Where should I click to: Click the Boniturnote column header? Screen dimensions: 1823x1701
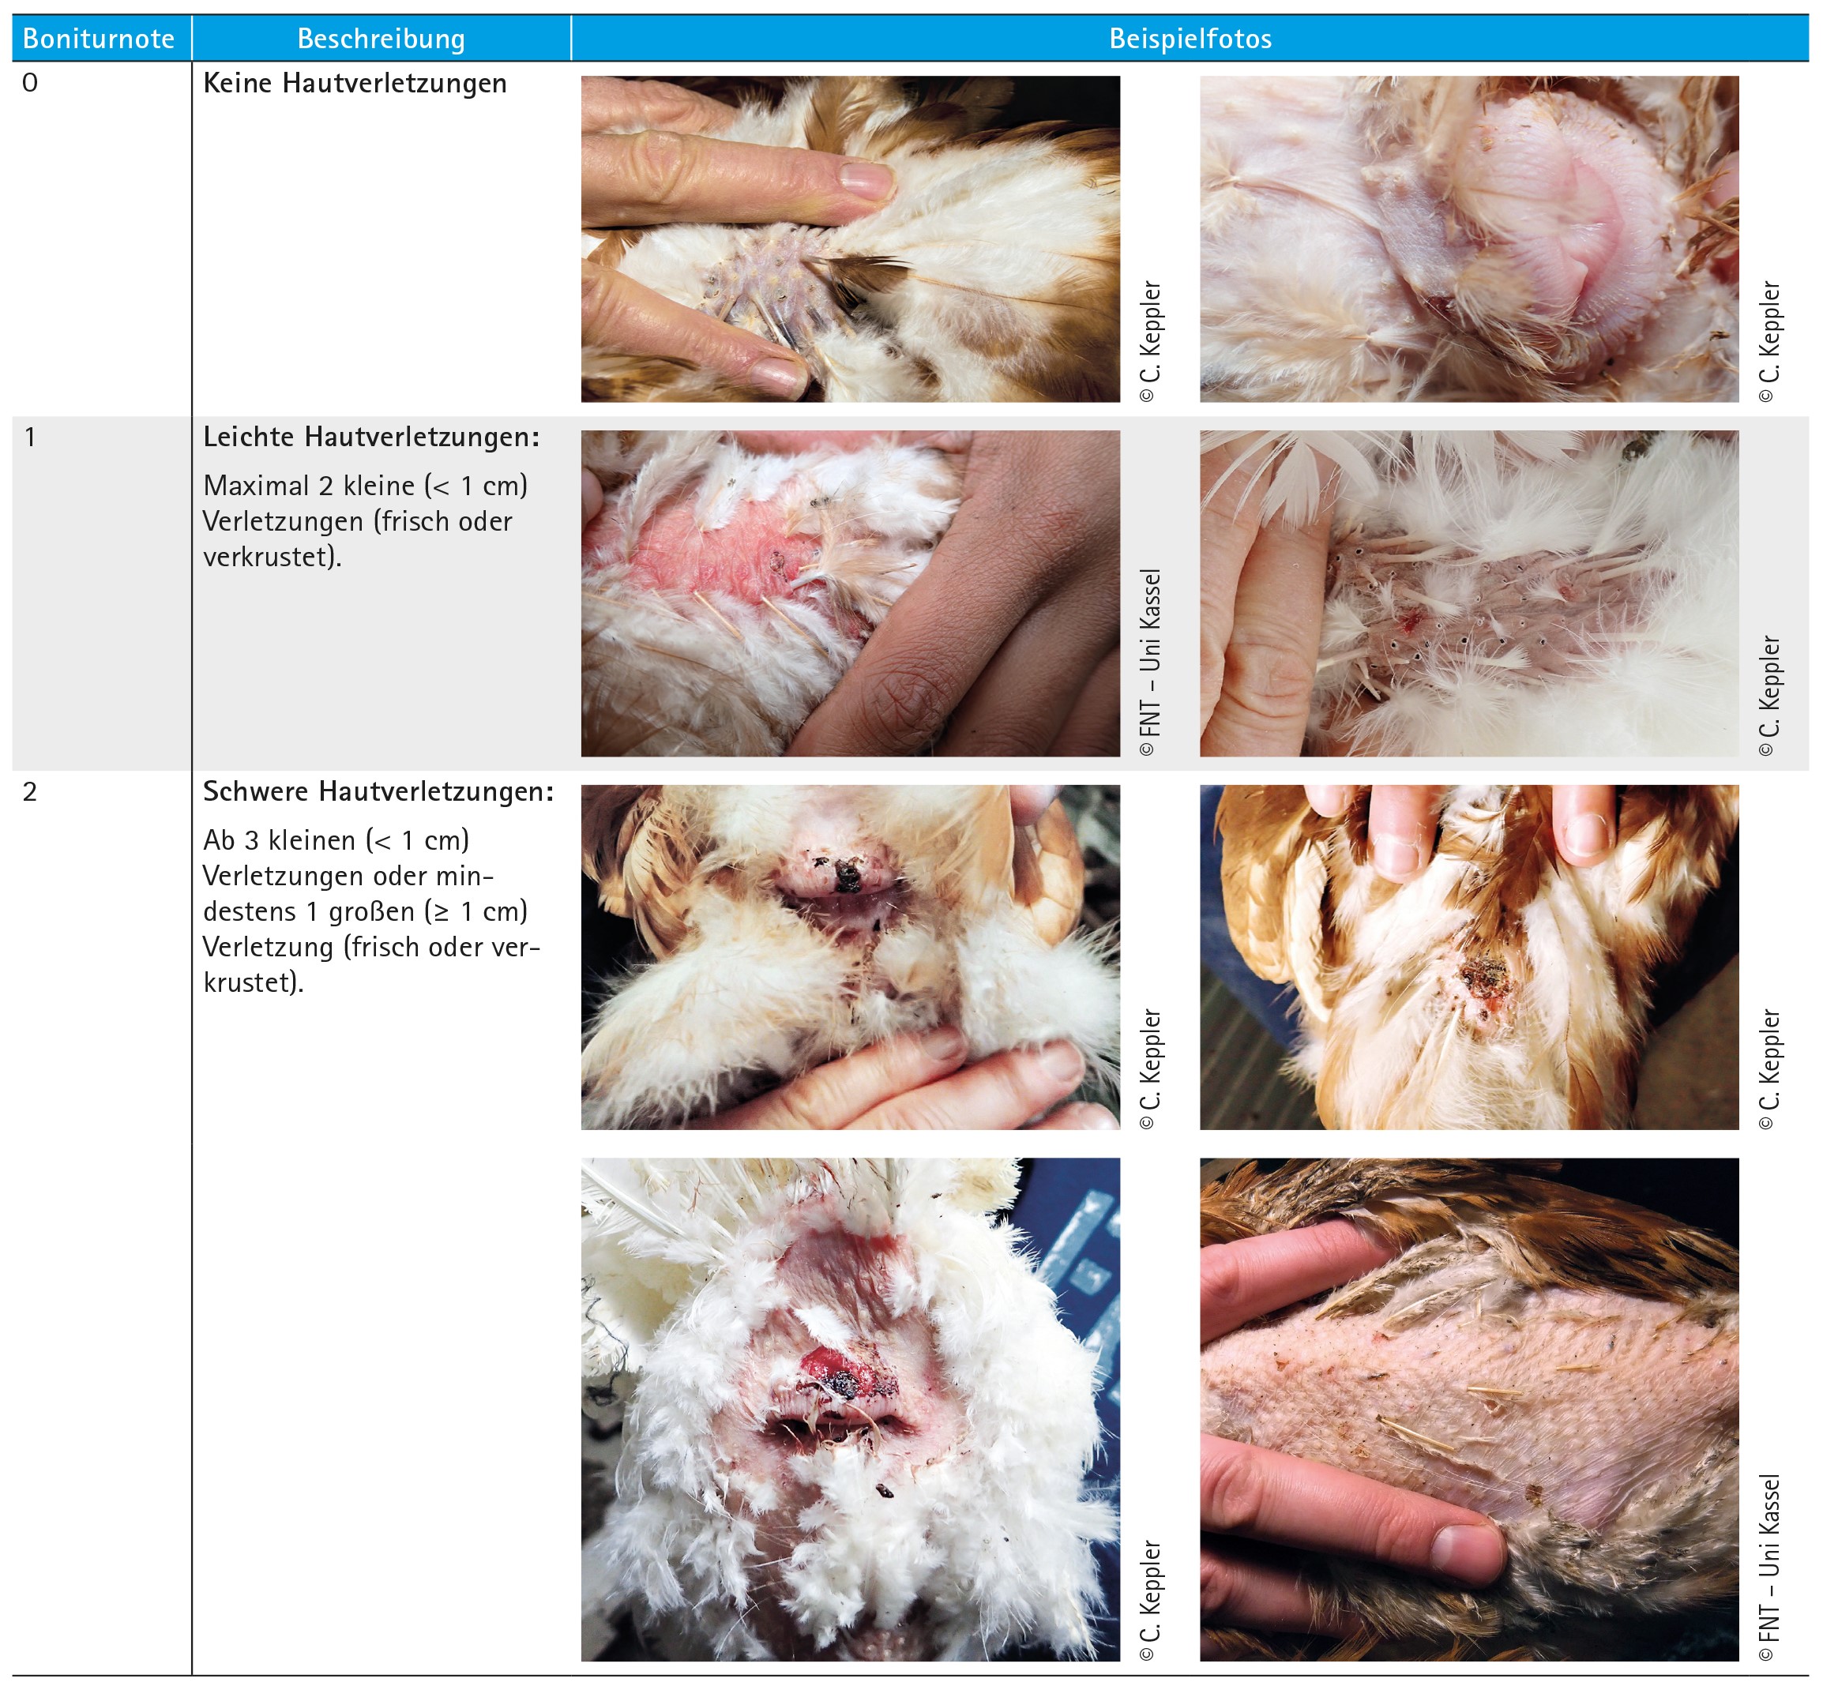tap(98, 39)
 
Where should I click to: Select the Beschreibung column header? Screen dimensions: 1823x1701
tap(382, 39)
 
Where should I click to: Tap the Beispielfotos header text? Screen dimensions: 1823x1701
tap(1190, 39)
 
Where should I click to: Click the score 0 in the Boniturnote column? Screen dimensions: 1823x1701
tap(30, 83)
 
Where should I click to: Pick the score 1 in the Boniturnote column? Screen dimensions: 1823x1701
tap(30, 437)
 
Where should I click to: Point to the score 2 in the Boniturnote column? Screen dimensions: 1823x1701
tap(30, 791)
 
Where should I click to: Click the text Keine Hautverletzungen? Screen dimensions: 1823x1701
tap(355, 84)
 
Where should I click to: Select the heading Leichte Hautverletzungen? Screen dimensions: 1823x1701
tap(371, 437)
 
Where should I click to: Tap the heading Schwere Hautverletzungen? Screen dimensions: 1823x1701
tap(378, 792)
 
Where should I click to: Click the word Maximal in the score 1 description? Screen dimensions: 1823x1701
tap(257, 485)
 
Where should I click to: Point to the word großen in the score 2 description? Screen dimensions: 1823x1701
tap(371, 912)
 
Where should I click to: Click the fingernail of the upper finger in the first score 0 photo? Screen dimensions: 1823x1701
tap(866, 180)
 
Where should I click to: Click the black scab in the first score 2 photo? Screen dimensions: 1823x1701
tap(847, 877)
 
